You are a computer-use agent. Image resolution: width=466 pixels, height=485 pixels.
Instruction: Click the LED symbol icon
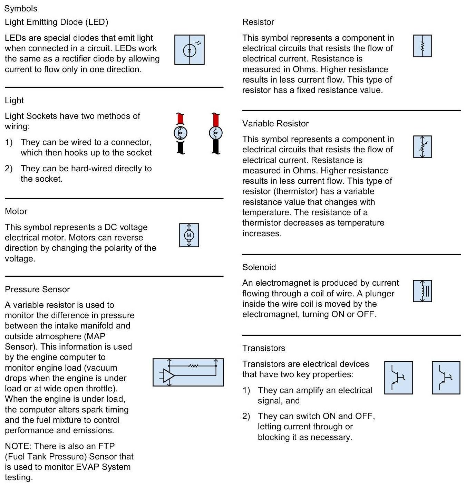click(x=189, y=50)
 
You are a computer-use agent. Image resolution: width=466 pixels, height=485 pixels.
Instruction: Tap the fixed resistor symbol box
click(x=422, y=46)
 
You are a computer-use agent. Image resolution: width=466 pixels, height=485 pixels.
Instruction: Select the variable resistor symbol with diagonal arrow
click(x=422, y=147)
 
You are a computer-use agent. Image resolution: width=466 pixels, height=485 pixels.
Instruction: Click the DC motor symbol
click(x=189, y=235)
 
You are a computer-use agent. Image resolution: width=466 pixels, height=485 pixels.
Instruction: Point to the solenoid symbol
click(x=422, y=291)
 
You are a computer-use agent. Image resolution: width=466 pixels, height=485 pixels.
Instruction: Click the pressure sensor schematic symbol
click(x=188, y=372)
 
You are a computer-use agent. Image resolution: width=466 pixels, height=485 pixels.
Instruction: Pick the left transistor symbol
click(x=398, y=378)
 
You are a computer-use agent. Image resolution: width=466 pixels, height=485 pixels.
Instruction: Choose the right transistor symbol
click(x=446, y=378)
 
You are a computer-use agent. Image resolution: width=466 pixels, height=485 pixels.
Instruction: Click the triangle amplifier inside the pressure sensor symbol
click(x=169, y=375)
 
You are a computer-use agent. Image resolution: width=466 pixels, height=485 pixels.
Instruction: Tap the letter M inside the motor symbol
click(x=189, y=236)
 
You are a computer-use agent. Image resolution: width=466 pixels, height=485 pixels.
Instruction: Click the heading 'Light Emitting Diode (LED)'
click(x=56, y=22)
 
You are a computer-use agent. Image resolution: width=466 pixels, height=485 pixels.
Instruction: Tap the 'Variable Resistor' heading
click(x=275, y=123)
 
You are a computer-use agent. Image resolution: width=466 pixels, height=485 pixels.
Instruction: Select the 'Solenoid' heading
click(x=259, y=267)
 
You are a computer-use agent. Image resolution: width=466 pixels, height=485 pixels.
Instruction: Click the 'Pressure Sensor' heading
click(x=37, y=289)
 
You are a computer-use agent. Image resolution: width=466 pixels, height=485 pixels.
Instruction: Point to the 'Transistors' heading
click(x=263, y=348)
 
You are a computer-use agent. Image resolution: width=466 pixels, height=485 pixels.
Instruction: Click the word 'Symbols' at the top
click(x=21, y=9)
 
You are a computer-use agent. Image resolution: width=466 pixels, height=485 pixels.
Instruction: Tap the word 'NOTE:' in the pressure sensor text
click(x=18, y=446)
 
